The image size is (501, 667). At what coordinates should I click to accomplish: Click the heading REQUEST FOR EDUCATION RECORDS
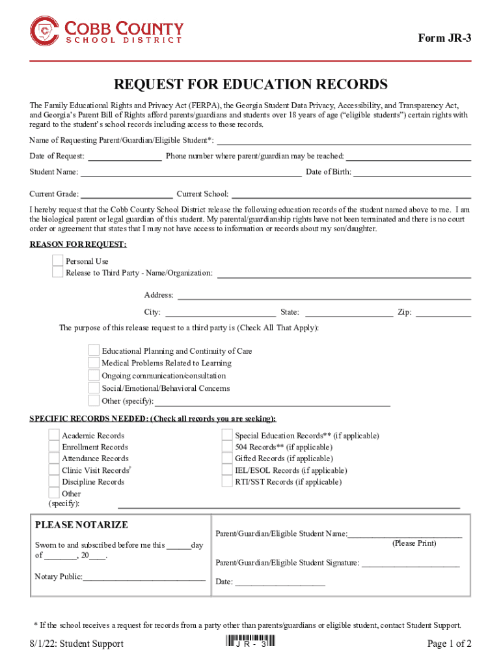coord(251,85)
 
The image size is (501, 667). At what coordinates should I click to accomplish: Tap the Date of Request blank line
coord(124,156)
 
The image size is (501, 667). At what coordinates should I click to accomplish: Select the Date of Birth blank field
coord(412,173)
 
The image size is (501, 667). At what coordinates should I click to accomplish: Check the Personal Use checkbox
coord(58,261)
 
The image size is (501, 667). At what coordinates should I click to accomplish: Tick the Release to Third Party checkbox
coord(58,272)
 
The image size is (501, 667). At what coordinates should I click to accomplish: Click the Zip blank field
coord(443,313)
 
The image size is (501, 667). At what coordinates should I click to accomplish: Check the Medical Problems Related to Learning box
coord(94,363)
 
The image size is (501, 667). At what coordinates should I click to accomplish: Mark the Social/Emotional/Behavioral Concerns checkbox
coord(94,388)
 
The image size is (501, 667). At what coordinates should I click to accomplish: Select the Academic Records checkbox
coord(54,436)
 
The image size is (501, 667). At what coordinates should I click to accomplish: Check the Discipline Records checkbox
coord(54,482)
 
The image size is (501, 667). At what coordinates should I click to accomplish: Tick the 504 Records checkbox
coord(227,447)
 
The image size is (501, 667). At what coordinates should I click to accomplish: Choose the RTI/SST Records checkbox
coord(227,482)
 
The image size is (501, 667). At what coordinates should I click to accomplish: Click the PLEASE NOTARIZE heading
coord(81,525)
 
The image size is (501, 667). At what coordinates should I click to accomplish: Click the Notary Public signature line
coord(144,576)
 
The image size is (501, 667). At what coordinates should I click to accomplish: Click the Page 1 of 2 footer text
coord(449,644)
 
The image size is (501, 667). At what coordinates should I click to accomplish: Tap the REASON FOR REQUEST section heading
coord(78,244)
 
